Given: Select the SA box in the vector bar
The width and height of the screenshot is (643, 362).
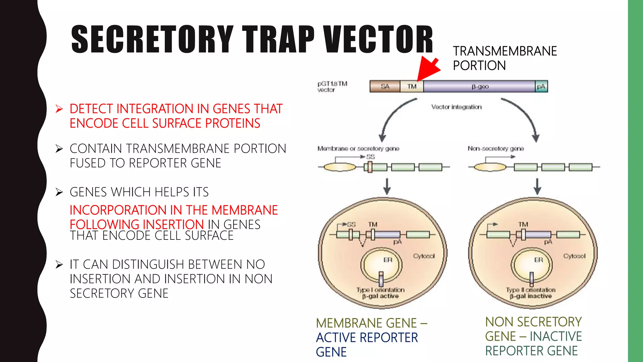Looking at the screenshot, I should click(x=385, y=86).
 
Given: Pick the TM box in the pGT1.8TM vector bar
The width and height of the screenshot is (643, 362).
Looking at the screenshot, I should click(x=412, y=86).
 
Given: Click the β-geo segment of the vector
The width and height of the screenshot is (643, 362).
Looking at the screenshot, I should click(x=480, y=86).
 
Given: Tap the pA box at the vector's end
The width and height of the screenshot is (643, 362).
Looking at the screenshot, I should click(x=541, y=86).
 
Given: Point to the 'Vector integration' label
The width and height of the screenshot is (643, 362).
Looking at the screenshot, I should click(x=456, y=107).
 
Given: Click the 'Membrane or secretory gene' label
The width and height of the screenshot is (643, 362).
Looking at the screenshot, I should click(x=358, y=148).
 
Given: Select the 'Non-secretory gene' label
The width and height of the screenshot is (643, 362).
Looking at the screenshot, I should click(x=496, y=148).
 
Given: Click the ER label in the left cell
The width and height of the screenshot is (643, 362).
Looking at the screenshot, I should click(x=388, y=260).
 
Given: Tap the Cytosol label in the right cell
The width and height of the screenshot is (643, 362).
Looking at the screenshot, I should click(x=574, y=256).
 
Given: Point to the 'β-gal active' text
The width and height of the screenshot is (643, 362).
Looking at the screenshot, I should click(x=380, y=296).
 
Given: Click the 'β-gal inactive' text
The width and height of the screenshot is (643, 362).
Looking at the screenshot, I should click(x=531, y=296).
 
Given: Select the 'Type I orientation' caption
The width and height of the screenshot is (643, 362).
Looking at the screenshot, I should click(x=380, y=290).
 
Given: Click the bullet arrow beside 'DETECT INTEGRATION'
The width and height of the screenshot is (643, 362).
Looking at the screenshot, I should click(x=59, y=109).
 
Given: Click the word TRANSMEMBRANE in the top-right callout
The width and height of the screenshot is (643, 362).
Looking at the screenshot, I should click(x=505, y=51).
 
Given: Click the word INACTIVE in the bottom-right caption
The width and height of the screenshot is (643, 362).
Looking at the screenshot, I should click(x=556, y=337).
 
